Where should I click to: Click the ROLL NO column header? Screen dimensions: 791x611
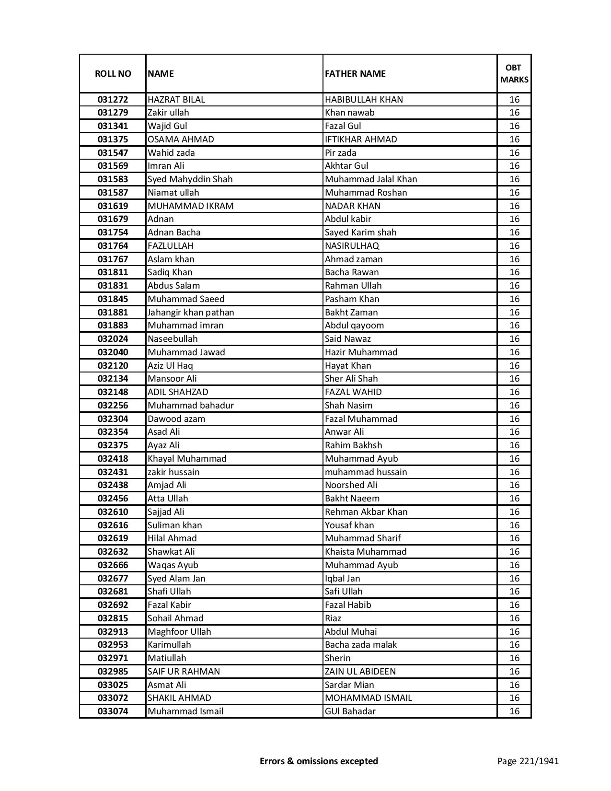point(113,73)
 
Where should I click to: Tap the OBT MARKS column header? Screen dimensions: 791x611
point(514,73)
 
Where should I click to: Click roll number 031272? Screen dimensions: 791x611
point(113,100)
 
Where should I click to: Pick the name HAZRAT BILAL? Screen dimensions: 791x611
point(176,100)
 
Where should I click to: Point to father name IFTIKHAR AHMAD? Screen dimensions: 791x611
point(361,140)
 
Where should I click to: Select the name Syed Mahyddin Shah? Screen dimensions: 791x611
point(190,179)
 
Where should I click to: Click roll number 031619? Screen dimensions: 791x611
point(113,206)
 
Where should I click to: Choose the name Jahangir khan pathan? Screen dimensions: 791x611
point(191,313)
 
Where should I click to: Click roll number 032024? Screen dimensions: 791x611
point(113,339)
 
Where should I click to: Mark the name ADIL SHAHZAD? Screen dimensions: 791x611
point(178,392)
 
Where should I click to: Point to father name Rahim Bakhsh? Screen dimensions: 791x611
point(353,445)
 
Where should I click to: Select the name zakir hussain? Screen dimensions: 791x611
point(173,472)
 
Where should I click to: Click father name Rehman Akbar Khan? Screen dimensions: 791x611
point(366,512)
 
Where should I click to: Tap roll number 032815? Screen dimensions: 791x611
point(113,618)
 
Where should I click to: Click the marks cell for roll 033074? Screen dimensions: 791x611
point(514,711)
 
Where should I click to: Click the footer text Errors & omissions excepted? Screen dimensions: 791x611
point(319,761)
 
